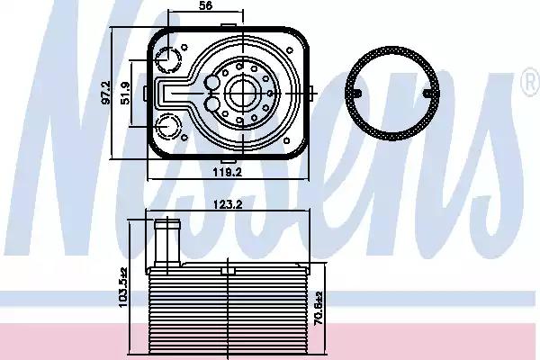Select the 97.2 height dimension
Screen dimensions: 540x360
click(x=106, y=93)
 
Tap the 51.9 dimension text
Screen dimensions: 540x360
click(x=125, y=93)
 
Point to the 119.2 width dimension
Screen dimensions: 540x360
click(x=228, y=172)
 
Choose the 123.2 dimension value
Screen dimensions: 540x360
click(x=228, y=204)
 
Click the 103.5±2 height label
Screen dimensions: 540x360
click(x=123, y=287)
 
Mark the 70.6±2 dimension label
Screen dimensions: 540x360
click(x=319, y=308)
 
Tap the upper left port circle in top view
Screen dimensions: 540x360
click(x=168, y=59)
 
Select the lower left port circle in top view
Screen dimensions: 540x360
click(x=168, y=126)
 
